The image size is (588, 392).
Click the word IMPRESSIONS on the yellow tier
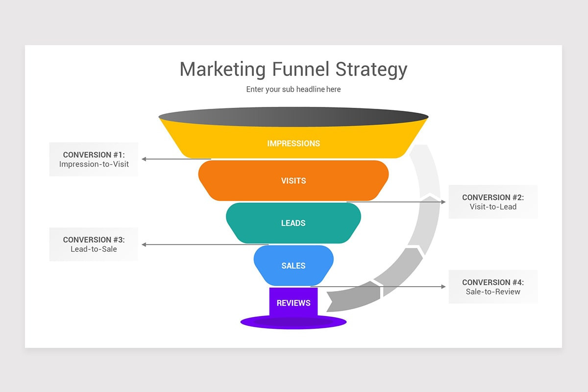coord(294,144)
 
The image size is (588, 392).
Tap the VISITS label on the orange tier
coord(294,181)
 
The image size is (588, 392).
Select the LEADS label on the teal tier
coord(294,223)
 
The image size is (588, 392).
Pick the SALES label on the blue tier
coord(294,266)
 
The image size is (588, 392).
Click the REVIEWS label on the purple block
coord(294,303)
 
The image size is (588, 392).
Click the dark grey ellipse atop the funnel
coord(294,118)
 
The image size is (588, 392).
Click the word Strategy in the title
coord(371,69)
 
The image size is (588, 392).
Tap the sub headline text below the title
coord(294,89)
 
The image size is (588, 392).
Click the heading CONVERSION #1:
coord(94,155)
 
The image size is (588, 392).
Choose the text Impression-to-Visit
coord(94,164)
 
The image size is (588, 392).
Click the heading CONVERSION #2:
coord(493,197)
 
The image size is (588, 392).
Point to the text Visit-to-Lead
coord(493,207)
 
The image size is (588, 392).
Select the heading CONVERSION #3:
coord(94,240)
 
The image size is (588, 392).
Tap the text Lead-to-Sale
coord(94,249)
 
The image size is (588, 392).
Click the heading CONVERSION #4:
coord(493,283)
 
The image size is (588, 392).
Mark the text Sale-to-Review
coord(493,292)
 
